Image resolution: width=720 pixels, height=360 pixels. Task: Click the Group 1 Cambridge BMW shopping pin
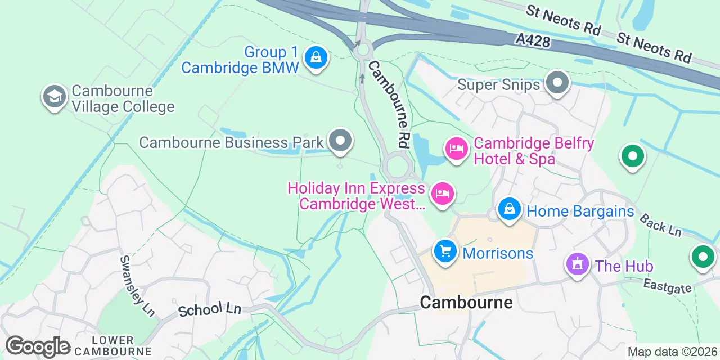[316, 57]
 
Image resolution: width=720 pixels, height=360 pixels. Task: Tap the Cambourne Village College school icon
[55, 97]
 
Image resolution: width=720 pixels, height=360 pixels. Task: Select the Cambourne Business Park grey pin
[340, 141]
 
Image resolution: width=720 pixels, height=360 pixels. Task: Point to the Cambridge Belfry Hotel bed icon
[457, 149]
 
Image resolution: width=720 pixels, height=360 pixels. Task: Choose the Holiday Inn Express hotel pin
[443, 194]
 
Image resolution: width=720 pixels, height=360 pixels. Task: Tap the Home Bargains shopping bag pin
[510, 209]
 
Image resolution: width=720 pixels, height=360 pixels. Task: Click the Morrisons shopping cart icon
[445, 251]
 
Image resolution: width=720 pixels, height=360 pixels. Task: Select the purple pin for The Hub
[577, 264]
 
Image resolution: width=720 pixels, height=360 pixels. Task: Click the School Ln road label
[209, 309]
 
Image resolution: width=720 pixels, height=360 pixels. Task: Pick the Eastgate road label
[667, 286]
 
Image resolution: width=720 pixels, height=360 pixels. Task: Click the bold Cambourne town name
[466, 303]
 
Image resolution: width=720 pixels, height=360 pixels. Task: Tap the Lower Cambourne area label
[113, 346]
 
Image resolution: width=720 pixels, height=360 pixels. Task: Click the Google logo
[38, 347]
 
